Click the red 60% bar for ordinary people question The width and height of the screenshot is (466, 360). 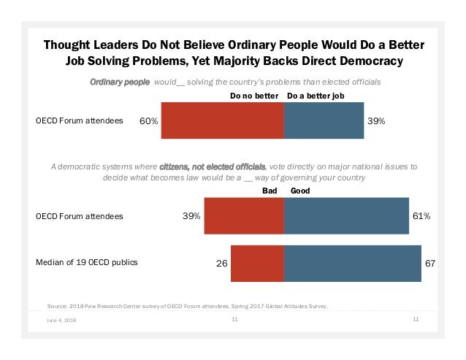[x=222, y=120]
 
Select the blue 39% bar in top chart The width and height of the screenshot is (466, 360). [x=324, y=120]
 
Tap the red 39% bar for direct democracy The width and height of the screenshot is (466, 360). [x=244, y=216]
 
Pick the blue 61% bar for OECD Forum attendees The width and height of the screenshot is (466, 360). [x=346, y=216]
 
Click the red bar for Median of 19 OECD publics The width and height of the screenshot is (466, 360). [x=257, y=262]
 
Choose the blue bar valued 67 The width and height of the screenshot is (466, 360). [x=352, y=262]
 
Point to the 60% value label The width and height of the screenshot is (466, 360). [x=149, y=121]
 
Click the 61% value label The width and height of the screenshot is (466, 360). [x=421, y=216]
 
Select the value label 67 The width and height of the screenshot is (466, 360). [x=429, y=263]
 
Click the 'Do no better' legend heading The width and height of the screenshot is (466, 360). [x=254, y=95]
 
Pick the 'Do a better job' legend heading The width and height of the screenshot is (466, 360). [x=316, y=95]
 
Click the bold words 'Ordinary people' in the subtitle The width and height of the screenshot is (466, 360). [x=119, y=82]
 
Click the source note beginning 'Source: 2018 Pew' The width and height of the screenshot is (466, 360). [x=186, y=305]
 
